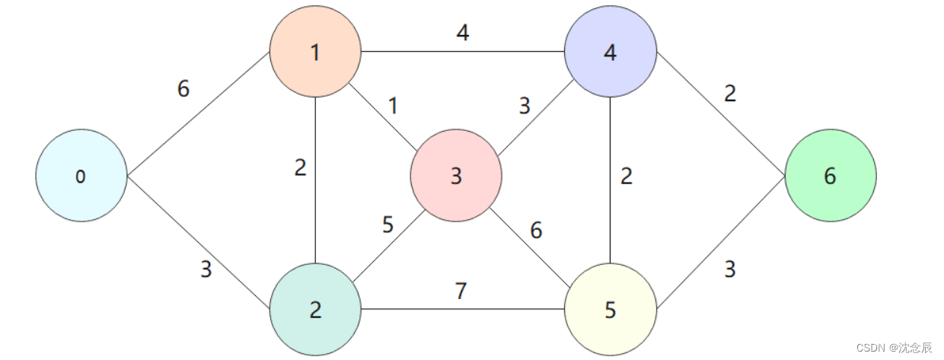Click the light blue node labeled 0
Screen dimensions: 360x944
click(x=81, y=176)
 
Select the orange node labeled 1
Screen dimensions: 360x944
click(x=314, y=52)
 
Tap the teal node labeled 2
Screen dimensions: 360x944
click(x=314, y=309)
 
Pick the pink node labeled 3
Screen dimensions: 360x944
click(x=455, y=176)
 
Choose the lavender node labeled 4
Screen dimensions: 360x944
click(x=610, y=52)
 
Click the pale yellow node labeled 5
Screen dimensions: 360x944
click(x=610, y=309)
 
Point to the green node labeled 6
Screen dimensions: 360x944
click(x=830, y=176)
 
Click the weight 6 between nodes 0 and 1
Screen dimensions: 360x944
click(x=183, y=88)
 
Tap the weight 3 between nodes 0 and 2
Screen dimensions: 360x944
click(x=206, y=269)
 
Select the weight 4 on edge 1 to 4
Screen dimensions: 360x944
click(x=463, y=34)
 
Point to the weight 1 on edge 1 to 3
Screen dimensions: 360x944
click(x=393, y=106)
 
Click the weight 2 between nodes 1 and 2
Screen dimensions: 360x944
click(x=301, y=167)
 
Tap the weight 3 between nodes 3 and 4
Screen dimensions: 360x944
click(x=524, y=106)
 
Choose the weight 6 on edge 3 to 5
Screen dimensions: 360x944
click(x=537, y=230)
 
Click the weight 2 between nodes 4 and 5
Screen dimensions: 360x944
click(x=626, y=176)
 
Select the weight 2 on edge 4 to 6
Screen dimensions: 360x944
click(x=730, y=94)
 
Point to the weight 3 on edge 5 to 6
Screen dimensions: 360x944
click(x=729, y=269)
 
